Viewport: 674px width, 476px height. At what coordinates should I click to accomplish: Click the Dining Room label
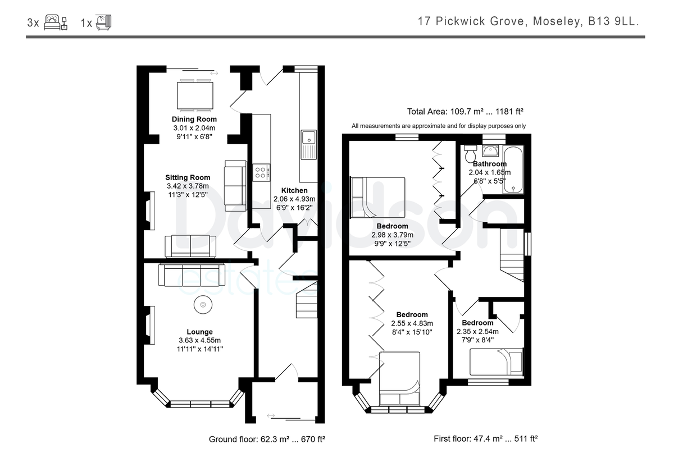[194, 119]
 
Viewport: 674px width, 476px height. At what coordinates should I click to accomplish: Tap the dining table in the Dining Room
[195, 95]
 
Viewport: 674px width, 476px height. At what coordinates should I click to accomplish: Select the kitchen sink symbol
[308, 144]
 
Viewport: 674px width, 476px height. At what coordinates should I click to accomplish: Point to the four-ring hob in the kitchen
[261, 172]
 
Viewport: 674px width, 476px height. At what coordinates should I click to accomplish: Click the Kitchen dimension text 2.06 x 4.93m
[294, 199]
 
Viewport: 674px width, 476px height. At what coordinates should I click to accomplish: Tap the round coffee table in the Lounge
[203, 305]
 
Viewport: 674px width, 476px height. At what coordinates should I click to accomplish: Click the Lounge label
[199, 332]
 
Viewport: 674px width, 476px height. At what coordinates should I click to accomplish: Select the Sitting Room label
[188, 177]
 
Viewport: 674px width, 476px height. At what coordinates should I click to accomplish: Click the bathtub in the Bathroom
[513, 170]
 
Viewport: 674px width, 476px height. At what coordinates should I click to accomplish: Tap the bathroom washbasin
[490, 150]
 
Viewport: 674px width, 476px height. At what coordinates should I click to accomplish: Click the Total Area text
[465, 112]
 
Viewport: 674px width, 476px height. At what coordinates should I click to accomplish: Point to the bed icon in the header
[56, 22]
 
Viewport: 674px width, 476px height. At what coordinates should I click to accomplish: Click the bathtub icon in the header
[103, 22]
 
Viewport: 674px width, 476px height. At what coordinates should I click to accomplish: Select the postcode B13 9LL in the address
[613, 21]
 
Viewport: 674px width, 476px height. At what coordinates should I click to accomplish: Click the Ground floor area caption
[267, 440]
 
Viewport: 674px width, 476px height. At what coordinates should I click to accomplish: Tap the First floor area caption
[486, 439]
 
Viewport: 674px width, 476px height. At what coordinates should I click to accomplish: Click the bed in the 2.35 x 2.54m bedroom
[497, 361]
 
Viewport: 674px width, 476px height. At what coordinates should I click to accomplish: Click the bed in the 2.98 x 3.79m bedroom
[377, 197]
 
